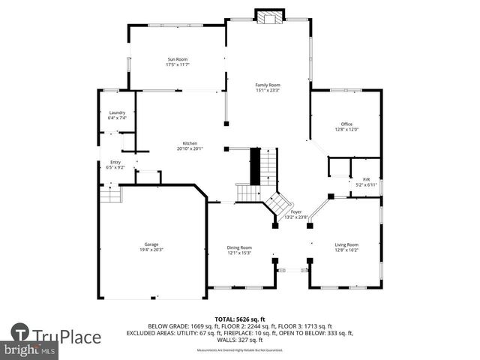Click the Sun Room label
(x=177, y=59)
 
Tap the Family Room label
(x=267, y=85)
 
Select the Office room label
(x=346, y=124)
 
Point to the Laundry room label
(x=117, y=112)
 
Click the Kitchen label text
(x=190, y=143)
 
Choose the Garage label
(x=151, y=244)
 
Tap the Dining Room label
(x=239, y=247)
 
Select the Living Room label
(x=346, y=244)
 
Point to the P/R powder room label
(x=366, y=179)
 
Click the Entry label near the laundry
(x=115, y=162)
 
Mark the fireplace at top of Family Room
(x=268, y=16)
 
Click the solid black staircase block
(x=254, y=166)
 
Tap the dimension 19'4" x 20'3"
(x=151, y=250)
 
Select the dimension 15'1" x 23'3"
(x=267, y=91)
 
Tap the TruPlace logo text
(x=67, y=337)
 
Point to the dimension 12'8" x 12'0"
(x=346, y=130)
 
